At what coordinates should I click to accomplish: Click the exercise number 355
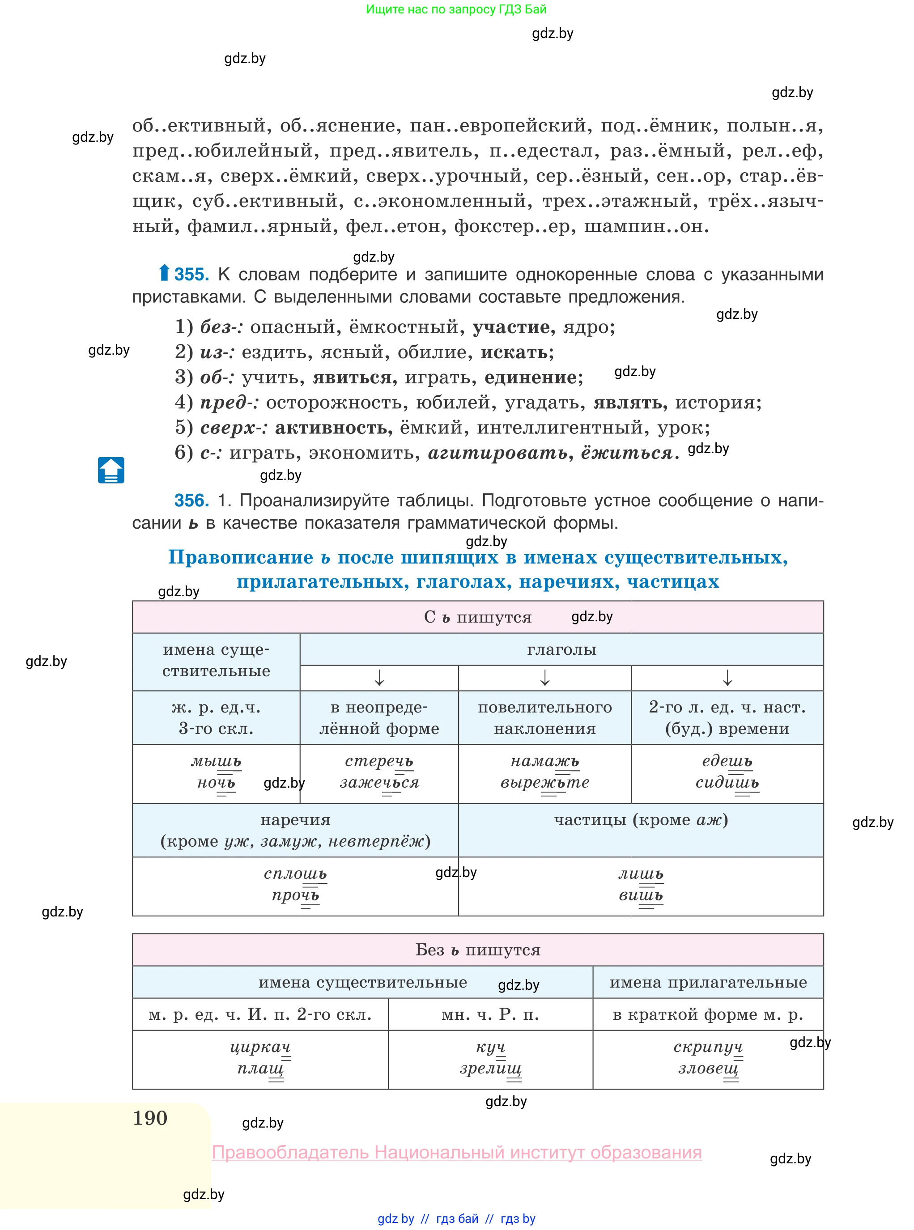point(191,274)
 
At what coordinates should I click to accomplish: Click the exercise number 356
point(191,500)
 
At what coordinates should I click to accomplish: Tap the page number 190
point(150,1118)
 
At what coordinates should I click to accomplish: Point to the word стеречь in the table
point(378,762)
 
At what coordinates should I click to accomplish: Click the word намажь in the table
point(544,762)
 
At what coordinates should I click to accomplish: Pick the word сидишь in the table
point(727,783)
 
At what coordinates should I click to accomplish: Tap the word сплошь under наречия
point(295,874)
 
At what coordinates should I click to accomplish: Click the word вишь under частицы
point(640,895)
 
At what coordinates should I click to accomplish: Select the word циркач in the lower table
point(260,1047)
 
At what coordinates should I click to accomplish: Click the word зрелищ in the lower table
point(490,1068)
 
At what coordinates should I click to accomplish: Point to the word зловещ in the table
point(708,1068)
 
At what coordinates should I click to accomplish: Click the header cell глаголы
point(561,649)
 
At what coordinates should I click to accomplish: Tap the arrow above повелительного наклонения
point(544,678)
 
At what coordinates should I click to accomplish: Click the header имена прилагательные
point(708,982)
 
